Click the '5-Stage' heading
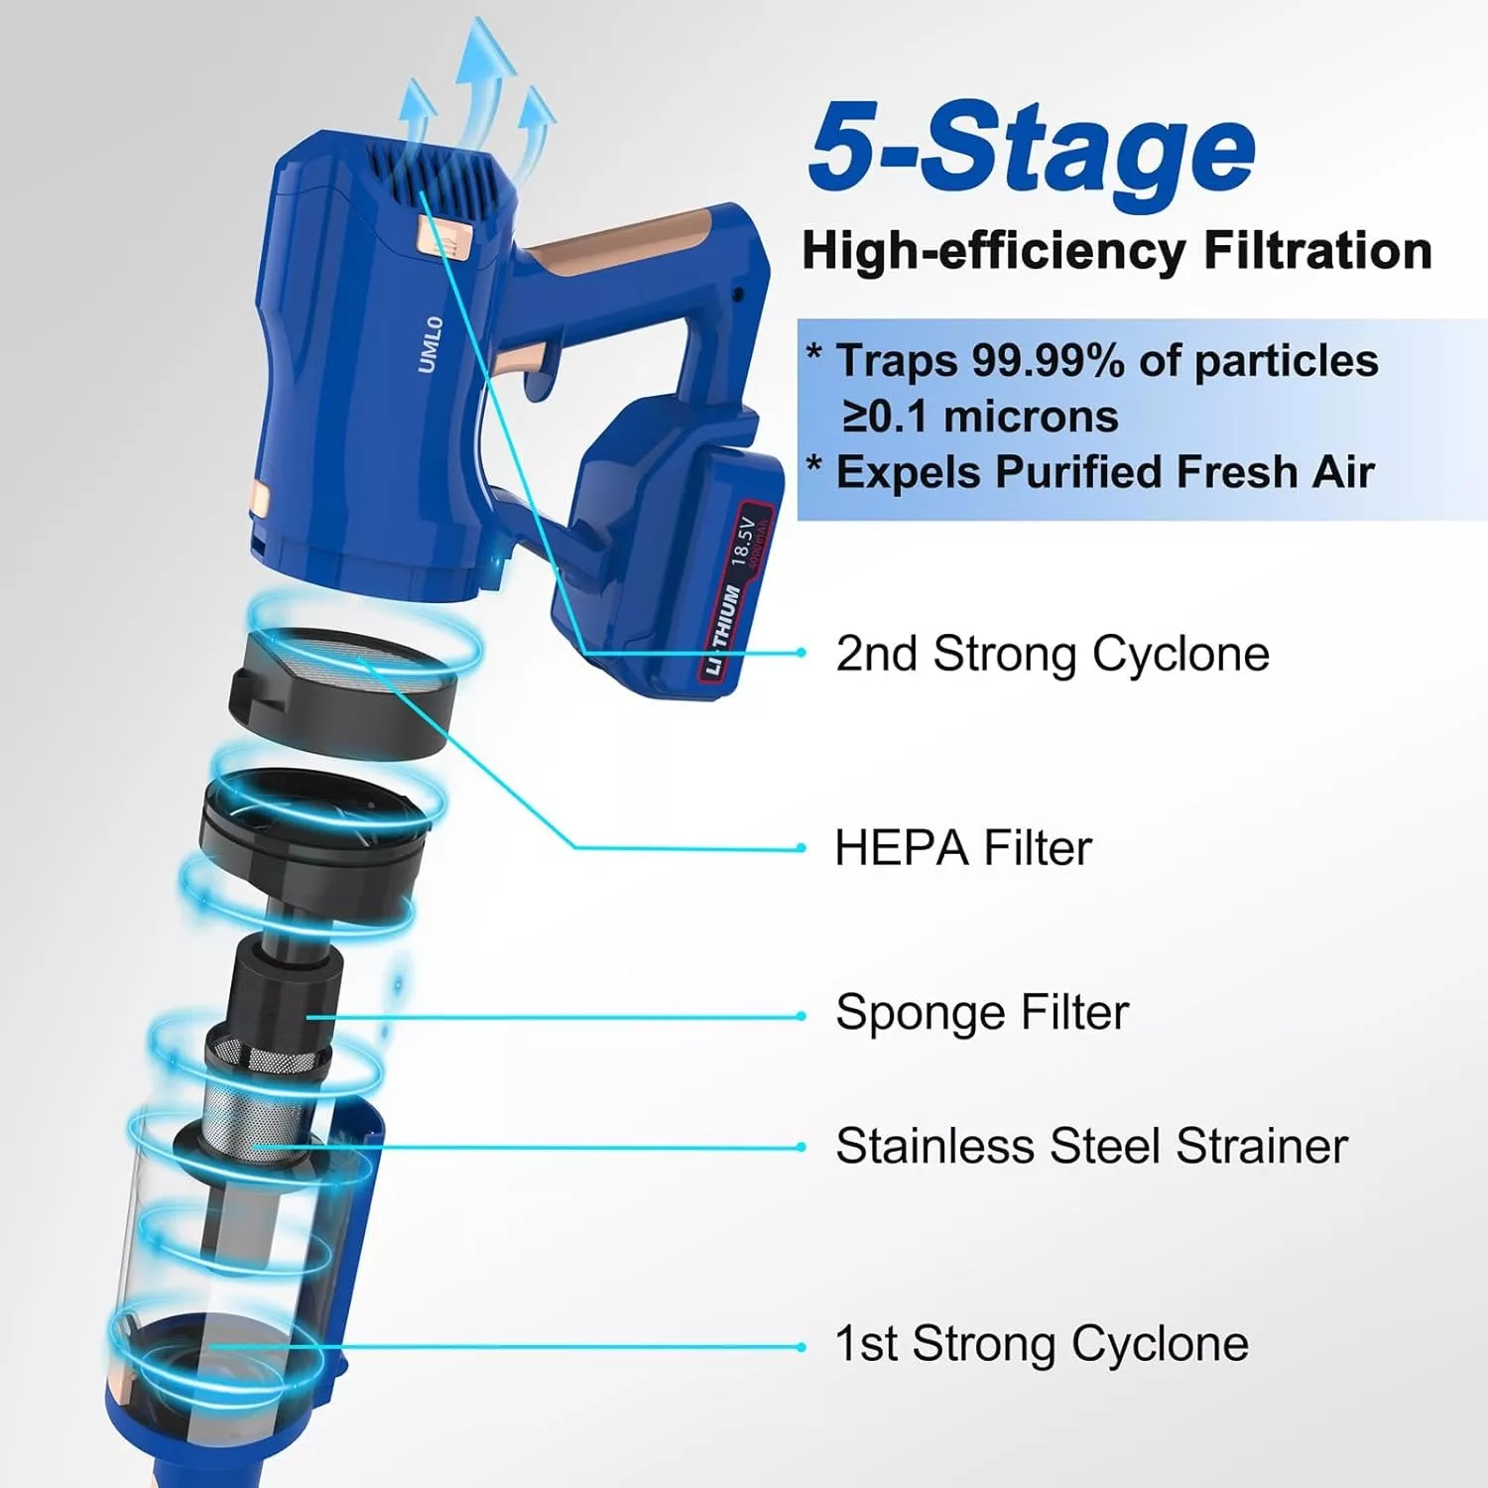click(1032, 149)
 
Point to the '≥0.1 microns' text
click(980, 417)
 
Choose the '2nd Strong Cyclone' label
click(1053, 655)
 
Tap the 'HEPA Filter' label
click(963, 849)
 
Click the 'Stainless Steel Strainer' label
click(1091, 1147)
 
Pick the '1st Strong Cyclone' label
click(1042, 1345)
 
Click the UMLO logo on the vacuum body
click(430, 345)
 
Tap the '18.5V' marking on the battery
click(742, 541)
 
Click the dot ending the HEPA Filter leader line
click(802, 848)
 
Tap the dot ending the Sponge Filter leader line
click(802, 1016)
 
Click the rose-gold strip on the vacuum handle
click(625, 243)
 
